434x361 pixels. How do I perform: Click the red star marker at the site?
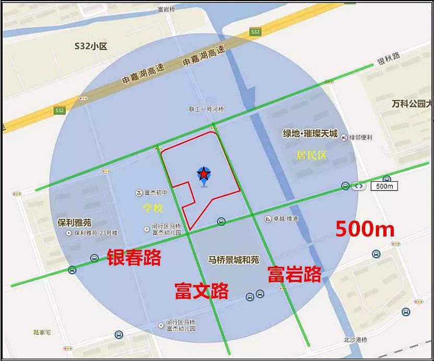(x=203, y=174)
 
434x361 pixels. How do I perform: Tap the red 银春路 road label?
(x=134, y=257)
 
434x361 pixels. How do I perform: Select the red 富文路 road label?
(x=202, y=290)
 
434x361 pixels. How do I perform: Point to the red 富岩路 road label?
(x=294, y=274)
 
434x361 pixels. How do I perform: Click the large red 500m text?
(x=365, y=229)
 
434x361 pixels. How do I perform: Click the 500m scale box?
(x=384, y=186)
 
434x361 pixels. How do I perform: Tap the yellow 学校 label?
(x=153, y=208)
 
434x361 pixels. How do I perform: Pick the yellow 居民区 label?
(x=311, y=155)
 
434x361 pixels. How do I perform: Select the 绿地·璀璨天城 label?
(x=310, y=133)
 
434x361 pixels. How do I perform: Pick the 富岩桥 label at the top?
(x=166, y=9)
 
